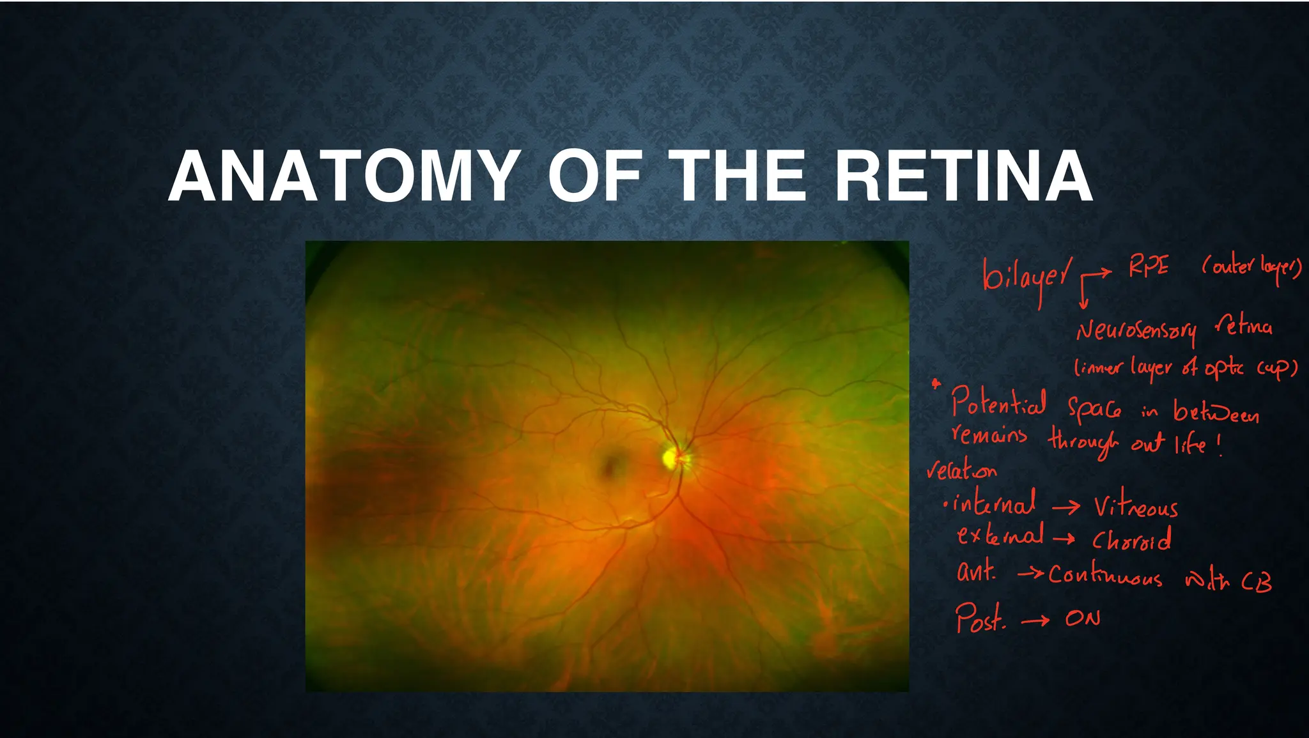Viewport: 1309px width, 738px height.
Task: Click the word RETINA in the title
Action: click(963, 177)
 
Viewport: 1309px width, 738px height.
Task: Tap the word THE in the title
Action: click(741, 177)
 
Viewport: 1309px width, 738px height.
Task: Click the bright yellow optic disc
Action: click(671, 457)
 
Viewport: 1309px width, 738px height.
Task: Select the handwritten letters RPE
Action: click(1149, 266)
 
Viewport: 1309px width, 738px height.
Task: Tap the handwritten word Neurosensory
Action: click(1136, 330)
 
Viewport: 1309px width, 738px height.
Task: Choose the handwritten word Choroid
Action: click(1131, 540)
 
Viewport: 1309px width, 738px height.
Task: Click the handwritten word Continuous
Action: click(1105, 575)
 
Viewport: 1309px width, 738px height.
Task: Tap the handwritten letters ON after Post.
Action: click(1083, 619)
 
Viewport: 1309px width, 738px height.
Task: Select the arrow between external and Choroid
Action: click(1064, 539)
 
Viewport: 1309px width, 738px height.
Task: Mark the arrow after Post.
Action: click(1035, 620)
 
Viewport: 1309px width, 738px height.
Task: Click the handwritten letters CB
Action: click(1256, 581)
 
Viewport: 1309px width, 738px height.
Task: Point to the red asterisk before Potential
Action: click(936, 384)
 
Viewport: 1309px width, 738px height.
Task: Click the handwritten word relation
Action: click(962, 471)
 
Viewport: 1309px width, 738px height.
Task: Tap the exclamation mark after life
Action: click(1220, 445)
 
